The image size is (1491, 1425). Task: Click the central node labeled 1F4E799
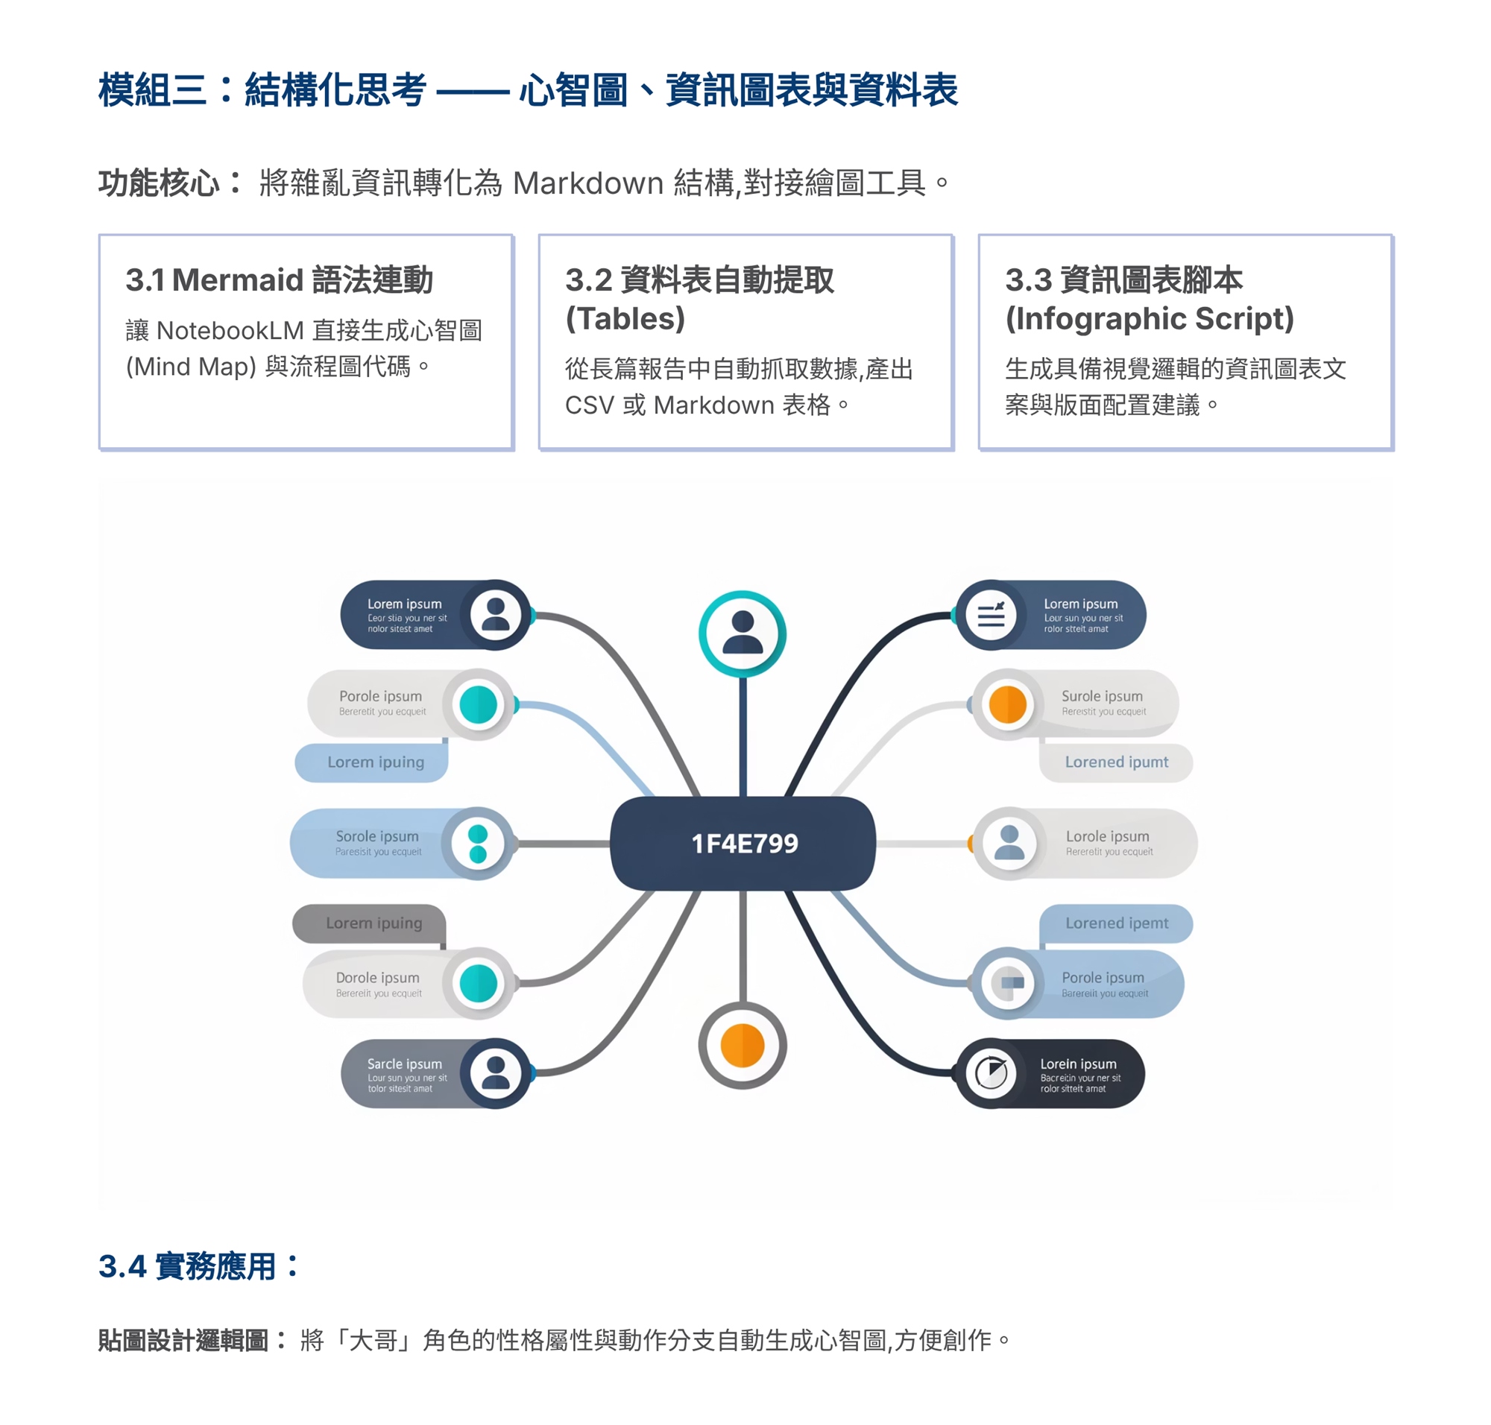tap(743, 842)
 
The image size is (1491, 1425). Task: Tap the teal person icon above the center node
tap(742, 633)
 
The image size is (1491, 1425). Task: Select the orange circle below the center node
tap(742, 1044)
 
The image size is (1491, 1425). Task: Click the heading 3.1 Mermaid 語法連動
tap(279, 279)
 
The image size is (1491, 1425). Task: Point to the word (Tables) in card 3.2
tap(625, 318)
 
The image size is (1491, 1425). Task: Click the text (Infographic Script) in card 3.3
tap(1148, 318)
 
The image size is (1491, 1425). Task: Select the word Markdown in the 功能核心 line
tap(587, 183)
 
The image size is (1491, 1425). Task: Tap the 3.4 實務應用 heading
tap(199, 1266)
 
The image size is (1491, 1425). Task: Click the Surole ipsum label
tap(1101, 695)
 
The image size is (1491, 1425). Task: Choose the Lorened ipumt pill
tap(1115, 762)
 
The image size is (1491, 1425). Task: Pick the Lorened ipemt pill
tap(1115, 923)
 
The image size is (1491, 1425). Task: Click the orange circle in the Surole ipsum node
tap(1007, 704)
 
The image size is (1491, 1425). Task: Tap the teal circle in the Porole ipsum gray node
tap(478, 704)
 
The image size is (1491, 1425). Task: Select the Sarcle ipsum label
tap(403, 1064)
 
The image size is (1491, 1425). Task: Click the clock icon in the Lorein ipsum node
tap(990, 1072)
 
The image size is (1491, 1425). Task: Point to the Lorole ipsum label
tap(1106, 835)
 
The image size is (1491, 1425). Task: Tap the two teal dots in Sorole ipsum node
tap(478, 843)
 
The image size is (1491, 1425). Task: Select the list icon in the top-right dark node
tap(990, 614)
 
